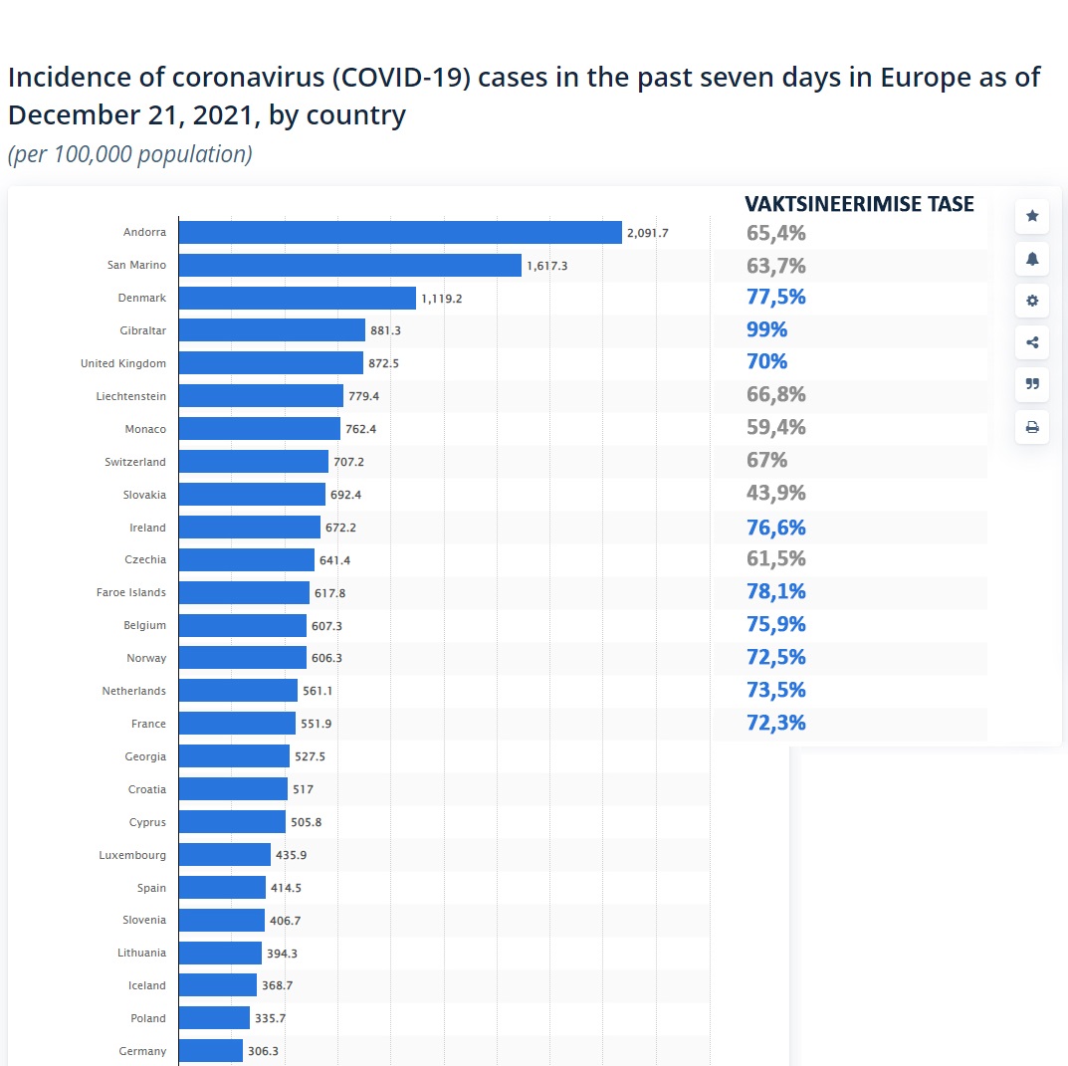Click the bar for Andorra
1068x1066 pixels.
pyautogui.click(x=400, y=233)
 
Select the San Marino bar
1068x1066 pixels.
pyautogui.click(x=350, y=266)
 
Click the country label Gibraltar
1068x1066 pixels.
pyautogui.click(x=142, y=330)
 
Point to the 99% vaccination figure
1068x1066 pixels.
pyautogui.click(x=766, y=329)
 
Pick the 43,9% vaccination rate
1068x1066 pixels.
pyautogui.click(x=775, y=493)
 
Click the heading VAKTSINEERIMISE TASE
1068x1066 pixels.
pyautogui.click(x=859, y=204)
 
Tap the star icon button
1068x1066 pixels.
pyautogui.click(x=1032, y=216)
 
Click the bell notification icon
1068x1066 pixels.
pyautogui.click(x=1032, y=259)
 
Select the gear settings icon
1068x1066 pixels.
pyautogui.click(x=1032, y=301)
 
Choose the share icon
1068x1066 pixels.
pyautogui.click(x=1032, y=343)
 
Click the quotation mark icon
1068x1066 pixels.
pyautogui.click(x=1032, y=385)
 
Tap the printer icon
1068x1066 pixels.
pyautogui.click(x=1032, y=428)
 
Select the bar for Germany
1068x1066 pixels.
pyautogui.click(x=211, y=1051)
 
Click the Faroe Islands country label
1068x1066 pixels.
pyautogui.click(x=131, y=592)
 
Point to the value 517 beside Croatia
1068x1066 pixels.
pyautogui.click(x=303, y=789)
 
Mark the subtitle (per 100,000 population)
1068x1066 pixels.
pyautogui.click(x=130, y=154)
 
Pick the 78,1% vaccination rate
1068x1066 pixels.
pyautogui.click(x=775, y=591)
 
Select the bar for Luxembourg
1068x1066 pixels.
pyautogui.click(x=225, y=855)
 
